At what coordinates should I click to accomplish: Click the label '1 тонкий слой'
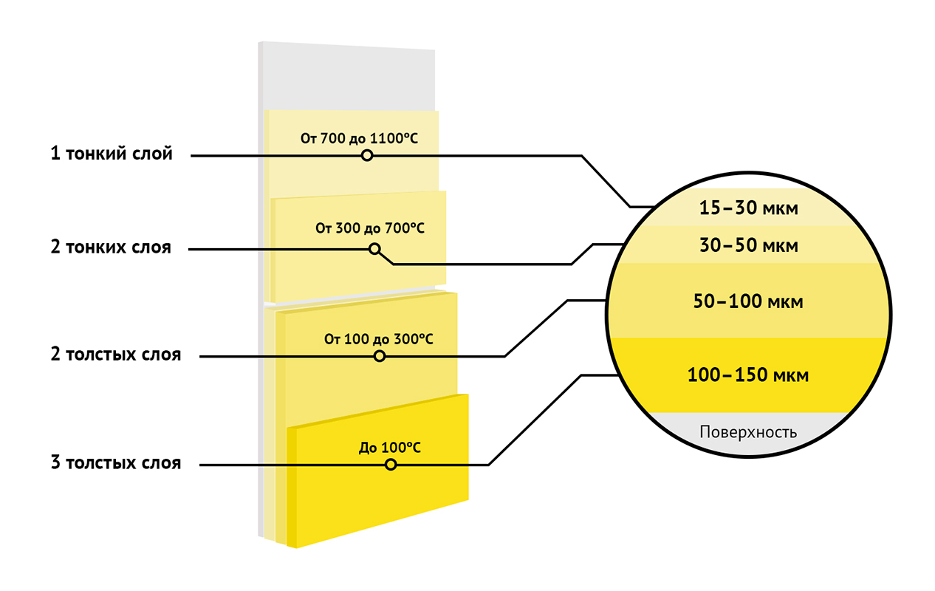tap(112, 154)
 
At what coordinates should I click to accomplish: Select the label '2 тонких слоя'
tap(111, 247)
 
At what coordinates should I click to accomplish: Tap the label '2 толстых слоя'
tap(116, 355)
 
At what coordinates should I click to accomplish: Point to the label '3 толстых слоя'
tap(116, 462)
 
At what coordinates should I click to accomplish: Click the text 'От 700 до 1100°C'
tap(359, 138)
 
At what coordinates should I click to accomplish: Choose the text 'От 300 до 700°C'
tap(370, 228)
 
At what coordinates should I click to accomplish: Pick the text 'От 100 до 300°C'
tap(379, 339)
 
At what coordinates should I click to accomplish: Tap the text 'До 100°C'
tap(390, 448)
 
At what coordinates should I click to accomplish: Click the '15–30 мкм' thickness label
tap(749, 208)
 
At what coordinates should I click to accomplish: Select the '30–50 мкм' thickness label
tap(749, 245)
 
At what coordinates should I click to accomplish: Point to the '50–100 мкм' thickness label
tap(748, 301)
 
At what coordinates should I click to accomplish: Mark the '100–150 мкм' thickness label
tap(748, 375)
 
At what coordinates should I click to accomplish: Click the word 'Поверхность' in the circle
tap(748, 432)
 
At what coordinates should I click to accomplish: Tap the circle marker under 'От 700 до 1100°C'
tap(367, 156)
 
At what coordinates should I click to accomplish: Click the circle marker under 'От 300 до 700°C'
tap(375, 250)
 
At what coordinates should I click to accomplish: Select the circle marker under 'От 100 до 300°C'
tap(380, 357)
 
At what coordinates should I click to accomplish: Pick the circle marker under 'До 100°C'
tap(391, 465)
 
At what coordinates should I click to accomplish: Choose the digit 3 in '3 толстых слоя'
tap(55, 462)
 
